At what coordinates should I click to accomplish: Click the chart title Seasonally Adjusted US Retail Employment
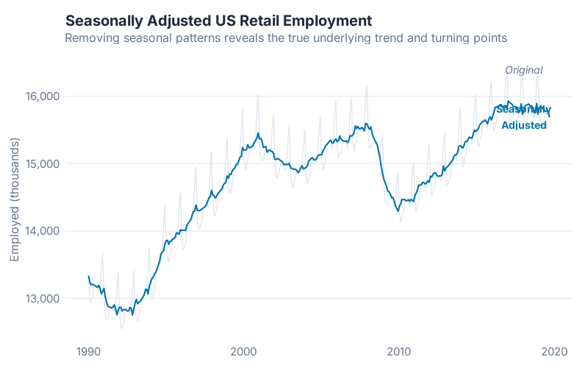(x=218, y=20)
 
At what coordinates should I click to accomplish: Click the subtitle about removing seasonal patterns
(x=286, y=37)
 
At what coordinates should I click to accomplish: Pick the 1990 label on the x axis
(x=88, y=351)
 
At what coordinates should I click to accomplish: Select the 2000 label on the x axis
(x=244, y=351)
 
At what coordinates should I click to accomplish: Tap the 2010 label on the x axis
(x=399, y=351)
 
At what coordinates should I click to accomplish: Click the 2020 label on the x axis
(x=555, y=351)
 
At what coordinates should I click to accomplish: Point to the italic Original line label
(x=523, y=70)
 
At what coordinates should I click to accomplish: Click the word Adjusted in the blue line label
(x=523, y=126)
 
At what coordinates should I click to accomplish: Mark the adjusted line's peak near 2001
(x=258, y=133)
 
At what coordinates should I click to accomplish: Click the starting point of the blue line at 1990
(x=89, y=276)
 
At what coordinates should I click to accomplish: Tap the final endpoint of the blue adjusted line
(x=550, y=116)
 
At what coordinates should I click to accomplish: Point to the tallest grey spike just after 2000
(x=258, y=95)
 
